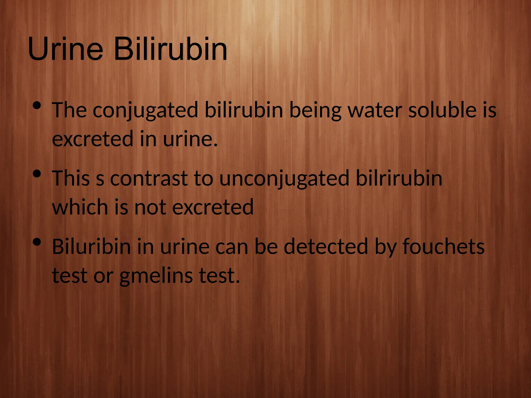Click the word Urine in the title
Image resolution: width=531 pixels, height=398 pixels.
65,49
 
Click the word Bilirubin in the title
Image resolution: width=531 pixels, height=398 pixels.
170,49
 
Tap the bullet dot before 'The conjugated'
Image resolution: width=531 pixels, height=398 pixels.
37,105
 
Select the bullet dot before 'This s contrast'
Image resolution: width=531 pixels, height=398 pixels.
37,174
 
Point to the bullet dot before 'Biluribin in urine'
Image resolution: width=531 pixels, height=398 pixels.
37,242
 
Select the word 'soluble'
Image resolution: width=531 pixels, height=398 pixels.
442,110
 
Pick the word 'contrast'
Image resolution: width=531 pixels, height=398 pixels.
149,179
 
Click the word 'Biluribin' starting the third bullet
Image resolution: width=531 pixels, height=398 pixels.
91,247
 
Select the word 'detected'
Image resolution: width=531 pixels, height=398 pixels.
326,247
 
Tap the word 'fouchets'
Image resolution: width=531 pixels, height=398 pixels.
443,247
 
